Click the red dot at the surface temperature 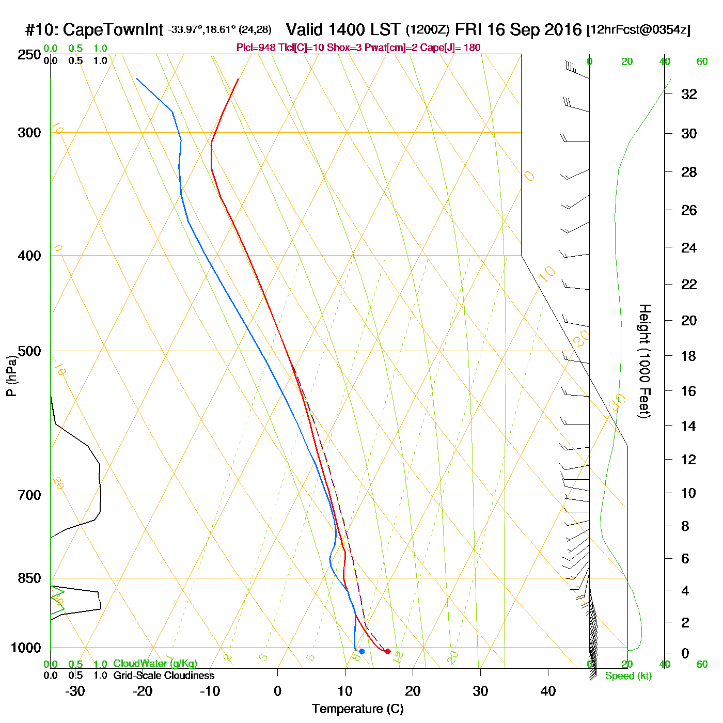388,651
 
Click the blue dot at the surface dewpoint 361,651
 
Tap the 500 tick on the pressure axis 30,351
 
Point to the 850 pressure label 30,578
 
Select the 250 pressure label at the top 30,55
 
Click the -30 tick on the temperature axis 75,691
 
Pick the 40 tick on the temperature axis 548,691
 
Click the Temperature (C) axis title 357,709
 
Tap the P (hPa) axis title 11,376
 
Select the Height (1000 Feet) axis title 645,361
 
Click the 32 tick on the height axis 689,94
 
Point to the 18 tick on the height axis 689,356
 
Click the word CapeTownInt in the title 113,30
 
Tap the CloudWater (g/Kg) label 155,664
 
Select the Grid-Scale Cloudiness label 164,675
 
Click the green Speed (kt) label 628,676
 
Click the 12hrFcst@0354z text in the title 638,30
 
